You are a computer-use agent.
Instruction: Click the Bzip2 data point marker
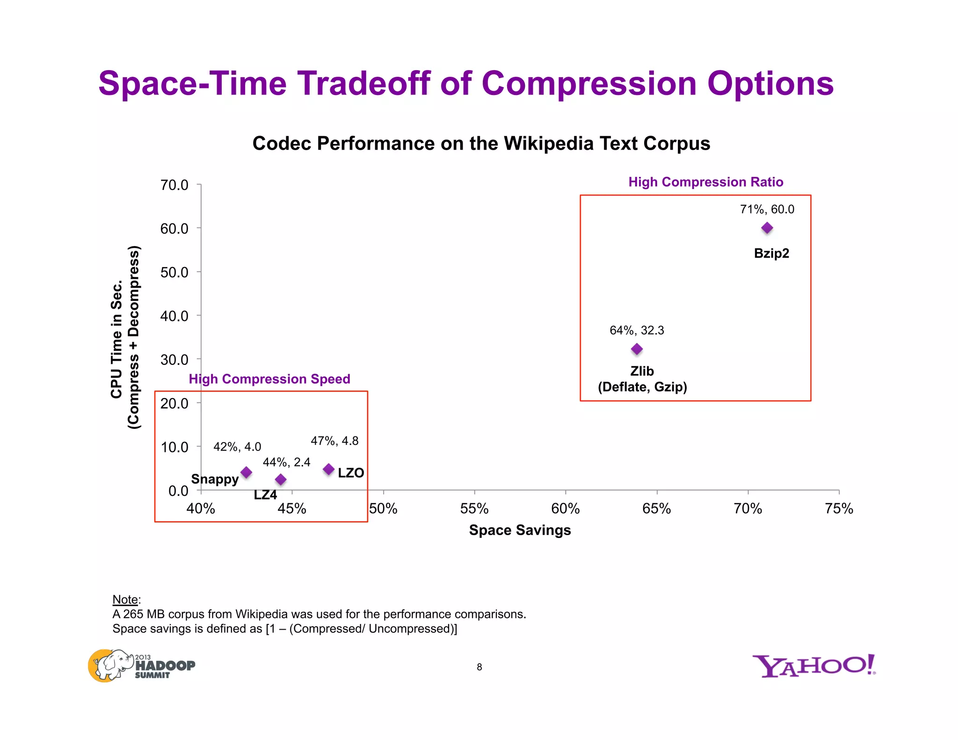click(767, 228)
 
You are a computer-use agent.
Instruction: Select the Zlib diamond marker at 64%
click(637, 349)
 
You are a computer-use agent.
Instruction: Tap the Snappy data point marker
click(246, 472)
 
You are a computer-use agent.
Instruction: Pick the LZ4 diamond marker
click(281, 479)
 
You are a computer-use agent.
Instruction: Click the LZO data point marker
click(329, 469)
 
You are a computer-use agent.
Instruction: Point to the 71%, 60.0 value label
click(767, 209)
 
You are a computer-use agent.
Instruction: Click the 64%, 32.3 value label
click(637, 330)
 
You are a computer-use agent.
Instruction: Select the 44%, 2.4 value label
click(286, 462)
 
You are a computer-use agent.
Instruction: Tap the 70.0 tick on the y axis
click(174, 185)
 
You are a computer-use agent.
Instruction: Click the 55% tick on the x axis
click(474, 508)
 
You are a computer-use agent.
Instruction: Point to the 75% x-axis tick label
click(839, 508)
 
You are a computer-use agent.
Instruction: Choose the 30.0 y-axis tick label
click(174, 360)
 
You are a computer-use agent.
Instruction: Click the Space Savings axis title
click(520, 530)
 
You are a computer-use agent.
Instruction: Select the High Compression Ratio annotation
click(705, 182)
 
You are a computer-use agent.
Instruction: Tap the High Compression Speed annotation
click(269, 379)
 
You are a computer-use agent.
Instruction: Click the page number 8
click(479, 667)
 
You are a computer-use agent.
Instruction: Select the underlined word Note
click(125, 600)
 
